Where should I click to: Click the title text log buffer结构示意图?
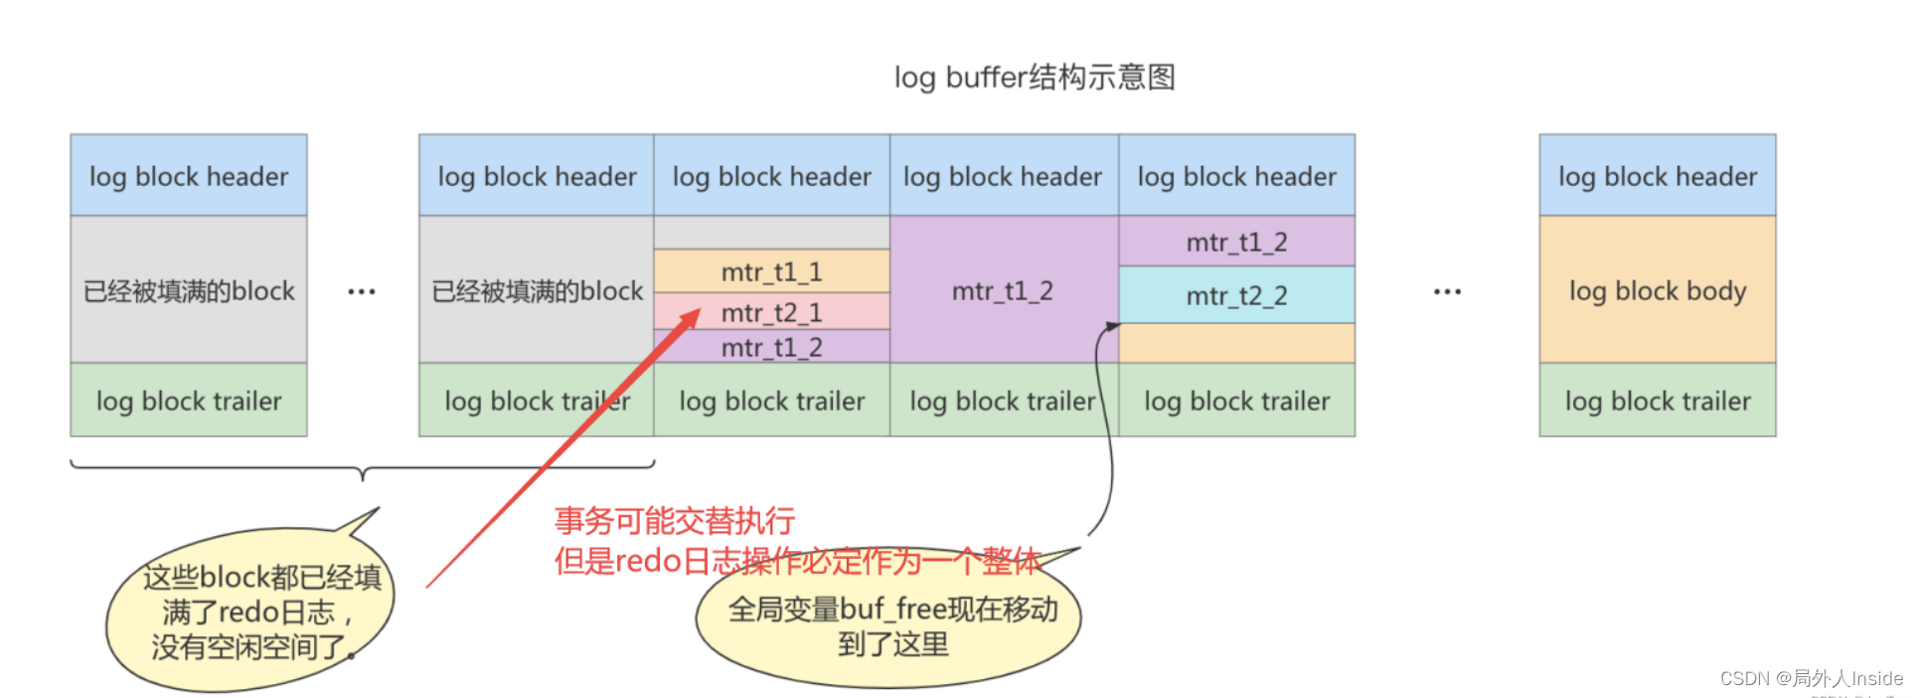[1035, 77]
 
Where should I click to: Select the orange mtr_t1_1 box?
[771, 271]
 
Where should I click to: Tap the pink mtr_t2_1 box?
[771, 312]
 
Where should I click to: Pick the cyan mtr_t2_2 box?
[1236, 295]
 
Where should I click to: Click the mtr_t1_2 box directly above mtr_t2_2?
[1236, 242]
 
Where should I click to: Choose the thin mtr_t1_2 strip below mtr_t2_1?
[771, 347]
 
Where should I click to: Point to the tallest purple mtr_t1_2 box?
[1003, 290]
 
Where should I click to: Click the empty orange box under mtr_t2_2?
[1236, 343]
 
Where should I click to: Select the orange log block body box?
[1657, 290]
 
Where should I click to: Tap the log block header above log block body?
[1657, 176]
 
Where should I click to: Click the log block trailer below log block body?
[1657, 401]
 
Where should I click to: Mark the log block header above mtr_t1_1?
[771, 176]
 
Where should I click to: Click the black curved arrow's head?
[1112, 326]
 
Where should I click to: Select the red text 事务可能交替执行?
[675, 520]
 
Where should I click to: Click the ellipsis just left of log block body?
[1447, 291]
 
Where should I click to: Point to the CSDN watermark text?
[1811, 678]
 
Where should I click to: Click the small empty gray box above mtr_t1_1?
[771, 233]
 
